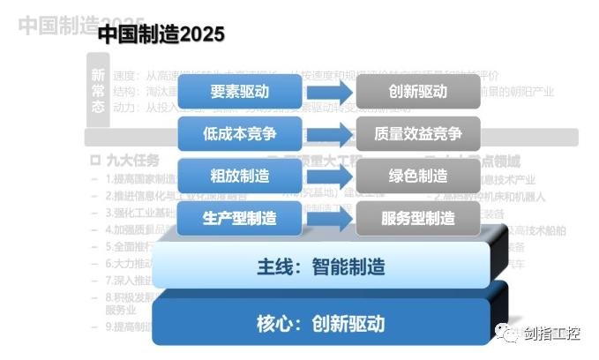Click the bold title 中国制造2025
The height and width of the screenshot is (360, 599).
(161, 34)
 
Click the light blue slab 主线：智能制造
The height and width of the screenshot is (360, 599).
(321, 266)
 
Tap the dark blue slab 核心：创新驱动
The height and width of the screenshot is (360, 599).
(321, 323)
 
